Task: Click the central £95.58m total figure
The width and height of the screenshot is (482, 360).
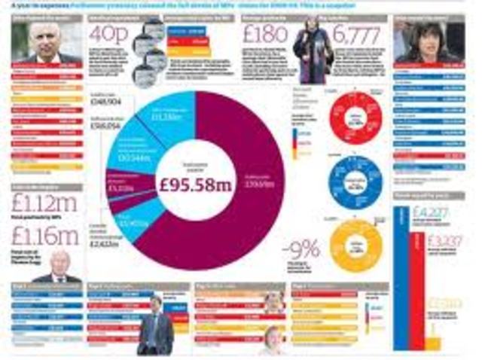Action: click(x=197, y=182)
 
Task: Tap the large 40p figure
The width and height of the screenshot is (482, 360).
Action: click(x=106, y=35)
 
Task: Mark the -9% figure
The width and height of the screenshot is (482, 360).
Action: click(x=300, y=249)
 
